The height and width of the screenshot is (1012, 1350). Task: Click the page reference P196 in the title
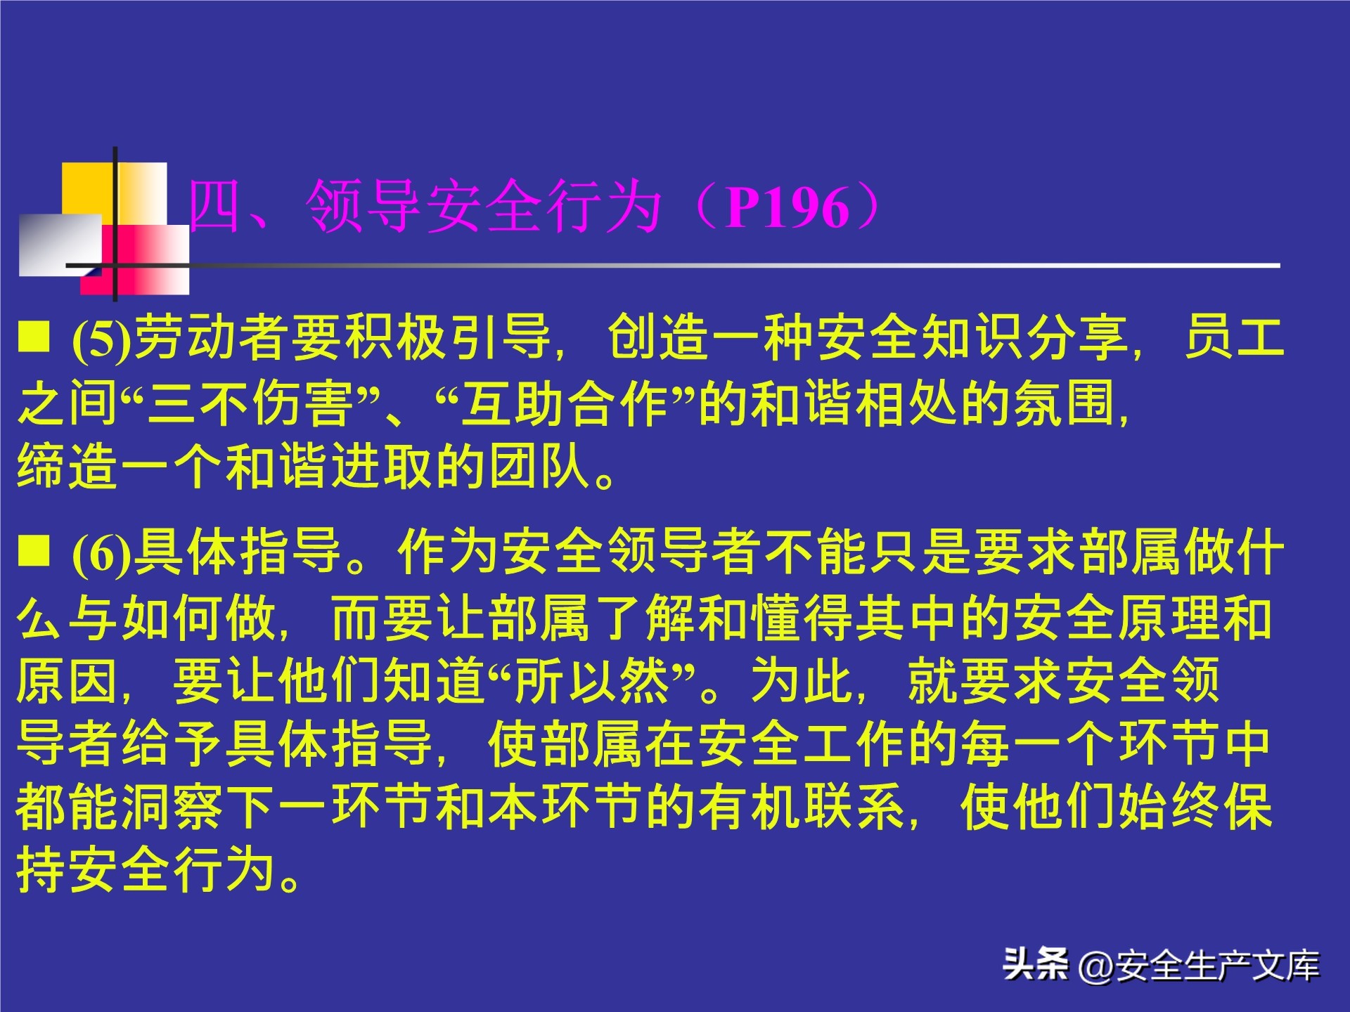tap(787, 207)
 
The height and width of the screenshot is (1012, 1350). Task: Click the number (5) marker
tap(102, 339)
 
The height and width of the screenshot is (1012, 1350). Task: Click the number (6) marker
tap(102, 553)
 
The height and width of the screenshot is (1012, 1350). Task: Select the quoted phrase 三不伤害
tap(250, 404)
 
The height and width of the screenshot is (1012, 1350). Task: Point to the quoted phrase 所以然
tap(591, 681)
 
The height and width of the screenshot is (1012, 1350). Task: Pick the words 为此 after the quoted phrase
tap(802, 681)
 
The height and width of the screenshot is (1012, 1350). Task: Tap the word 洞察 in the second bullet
tap(172, 807)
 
